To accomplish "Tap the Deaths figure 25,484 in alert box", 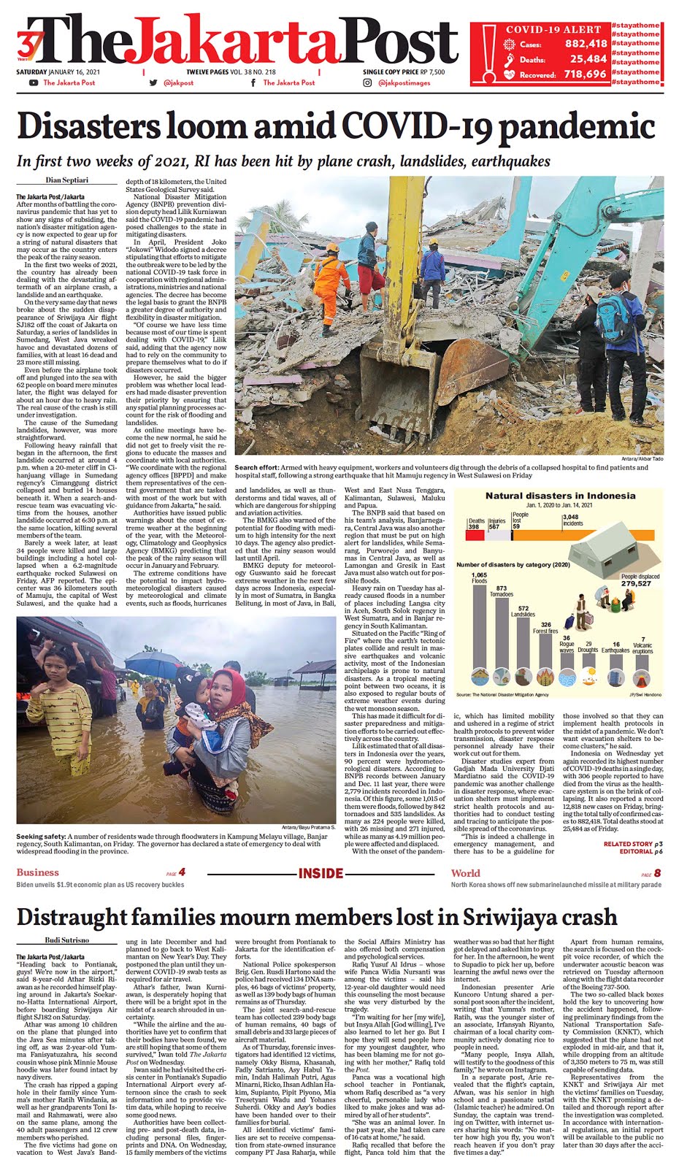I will (x=588, y=59).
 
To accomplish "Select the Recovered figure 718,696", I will (x=585, y=74).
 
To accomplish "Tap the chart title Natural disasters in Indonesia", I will (x=560, y=496).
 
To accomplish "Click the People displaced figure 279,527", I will (x=636, y=583).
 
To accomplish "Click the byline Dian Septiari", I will (x=66, y=180).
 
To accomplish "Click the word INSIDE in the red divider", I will (x=321, y=873).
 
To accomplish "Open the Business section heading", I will (x=37, y=872).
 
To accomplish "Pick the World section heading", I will (x=466, y=872).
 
